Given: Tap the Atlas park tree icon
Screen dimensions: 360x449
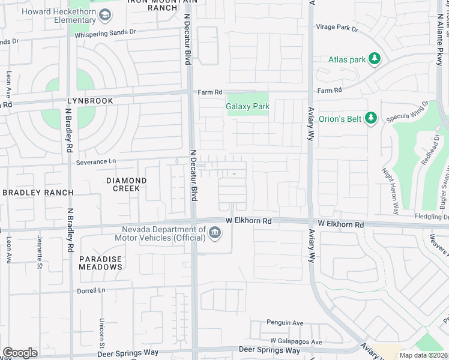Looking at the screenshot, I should point(374,59).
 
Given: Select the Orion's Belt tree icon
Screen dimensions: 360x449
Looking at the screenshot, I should point(371,118).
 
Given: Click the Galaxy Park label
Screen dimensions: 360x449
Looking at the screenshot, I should point(247,107).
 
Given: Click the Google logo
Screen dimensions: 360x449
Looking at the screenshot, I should point(20,353).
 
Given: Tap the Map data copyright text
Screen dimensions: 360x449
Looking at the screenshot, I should point(424,355).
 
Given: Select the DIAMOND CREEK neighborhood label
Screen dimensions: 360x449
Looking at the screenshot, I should point(126,184).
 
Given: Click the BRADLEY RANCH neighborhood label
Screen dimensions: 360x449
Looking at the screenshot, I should point(37,193).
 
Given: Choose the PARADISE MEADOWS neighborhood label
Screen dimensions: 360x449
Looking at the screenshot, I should point(100,263).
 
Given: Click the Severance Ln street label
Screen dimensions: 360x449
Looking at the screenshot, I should point(96,163).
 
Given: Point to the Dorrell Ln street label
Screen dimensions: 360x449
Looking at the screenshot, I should point(91,290).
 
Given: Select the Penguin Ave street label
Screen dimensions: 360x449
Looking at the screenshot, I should point(286,322).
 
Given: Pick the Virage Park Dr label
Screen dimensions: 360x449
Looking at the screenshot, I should point(337,28).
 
